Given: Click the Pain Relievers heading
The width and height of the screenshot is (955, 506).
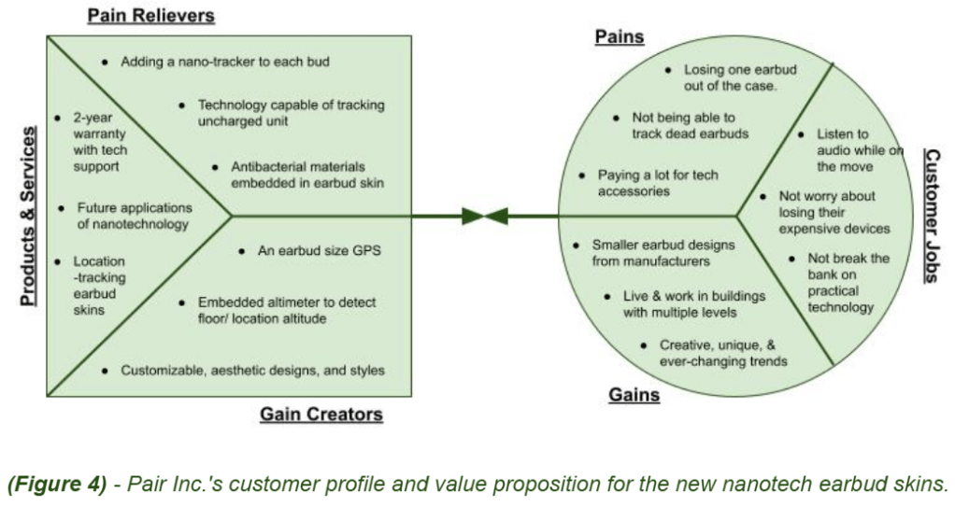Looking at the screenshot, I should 150,16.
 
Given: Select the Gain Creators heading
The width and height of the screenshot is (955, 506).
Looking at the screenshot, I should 321,414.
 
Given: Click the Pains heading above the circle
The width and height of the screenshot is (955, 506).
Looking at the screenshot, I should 620,37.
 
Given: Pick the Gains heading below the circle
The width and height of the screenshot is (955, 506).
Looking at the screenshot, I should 634,395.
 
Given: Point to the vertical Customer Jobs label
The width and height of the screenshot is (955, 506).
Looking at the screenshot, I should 932,215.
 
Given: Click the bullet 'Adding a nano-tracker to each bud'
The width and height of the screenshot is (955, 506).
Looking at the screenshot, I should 225,62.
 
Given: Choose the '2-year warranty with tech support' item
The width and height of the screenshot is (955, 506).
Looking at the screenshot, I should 100,142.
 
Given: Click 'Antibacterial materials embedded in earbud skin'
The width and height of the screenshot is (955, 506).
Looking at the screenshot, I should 306,175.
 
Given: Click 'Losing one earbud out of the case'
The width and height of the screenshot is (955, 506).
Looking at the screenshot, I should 730,77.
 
